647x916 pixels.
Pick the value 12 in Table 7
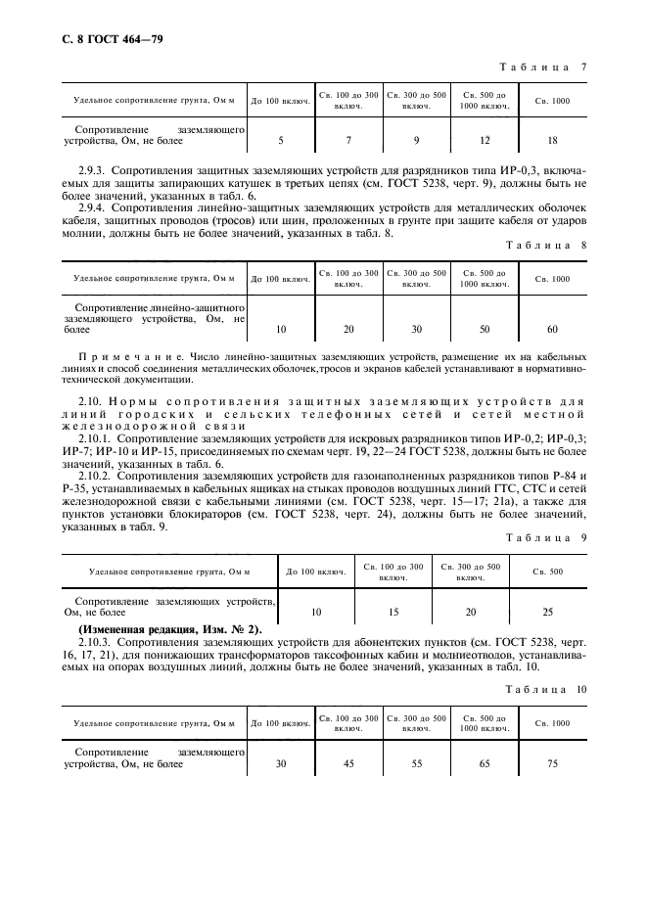[484, 141]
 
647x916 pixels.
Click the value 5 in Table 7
[281, 141]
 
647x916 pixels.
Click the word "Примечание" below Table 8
[120, 357]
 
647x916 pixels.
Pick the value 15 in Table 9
[393, 612]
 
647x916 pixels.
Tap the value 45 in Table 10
[348, 764]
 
